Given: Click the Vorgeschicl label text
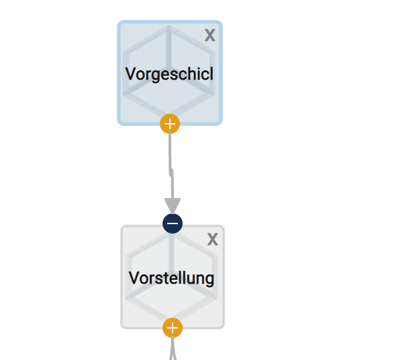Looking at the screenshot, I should (x=169, y=74).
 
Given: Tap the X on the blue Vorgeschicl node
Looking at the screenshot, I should (x=209, y=35).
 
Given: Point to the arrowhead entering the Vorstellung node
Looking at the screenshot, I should (x=173, y=205).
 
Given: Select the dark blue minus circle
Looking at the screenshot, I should (x=173, y=223).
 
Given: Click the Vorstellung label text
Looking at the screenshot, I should (x=171, y=278).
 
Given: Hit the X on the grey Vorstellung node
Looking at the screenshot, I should (x=212, y=239).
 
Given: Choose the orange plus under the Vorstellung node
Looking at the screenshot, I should (x=173, y=328).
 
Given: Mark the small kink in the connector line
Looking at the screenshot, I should (x=171, y=173).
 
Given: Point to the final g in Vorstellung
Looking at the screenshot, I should (x=210, y=279).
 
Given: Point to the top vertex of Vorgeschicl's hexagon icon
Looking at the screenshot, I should (x=169, y=27).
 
